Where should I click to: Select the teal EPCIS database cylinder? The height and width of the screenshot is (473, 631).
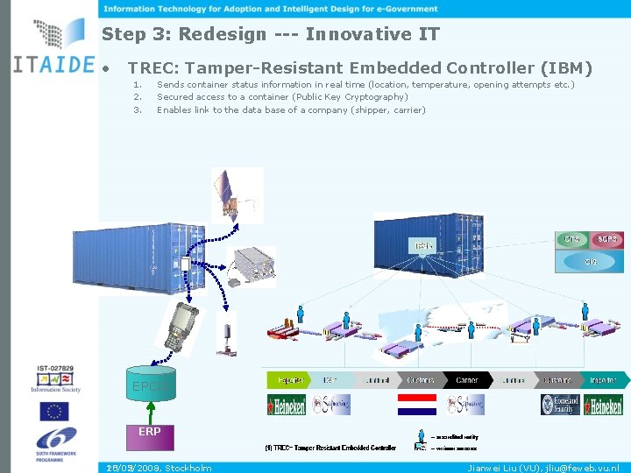pyautogui.click(x=150, y=384)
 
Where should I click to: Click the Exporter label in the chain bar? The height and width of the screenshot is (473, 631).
pyautogui.click(x=290, y=380)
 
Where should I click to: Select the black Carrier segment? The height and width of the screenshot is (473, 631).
pyautogui.click(x=467, y=380)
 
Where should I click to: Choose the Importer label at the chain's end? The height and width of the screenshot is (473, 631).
pyautogui.click(x=603, y=380)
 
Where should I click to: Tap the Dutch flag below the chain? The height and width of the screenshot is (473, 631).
pyautogui.click(x=416, y=404)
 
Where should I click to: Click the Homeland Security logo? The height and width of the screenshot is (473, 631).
pyautogui.click(x=559, y=404)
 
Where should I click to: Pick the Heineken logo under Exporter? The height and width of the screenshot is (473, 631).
pyautogui.click(x=287, y=405)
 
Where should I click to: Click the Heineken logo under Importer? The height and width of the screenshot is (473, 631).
pyautogui.click(x=604, y=405)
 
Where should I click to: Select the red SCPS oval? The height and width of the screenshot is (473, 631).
pyautogui.click(x=607, y=239)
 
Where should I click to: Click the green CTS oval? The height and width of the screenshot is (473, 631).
pyautogui.click(x=572, y=239)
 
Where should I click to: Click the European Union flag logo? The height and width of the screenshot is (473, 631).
pyautogui.click(x=54, y=413)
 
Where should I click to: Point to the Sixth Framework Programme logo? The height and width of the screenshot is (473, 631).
pyautogui.click(x=54, y=443)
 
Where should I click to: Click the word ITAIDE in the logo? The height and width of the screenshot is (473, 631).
pyautogui.click(x=54, y=65)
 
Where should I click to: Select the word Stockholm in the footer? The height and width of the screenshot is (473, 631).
pyautogui.click(x=188, y=468)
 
